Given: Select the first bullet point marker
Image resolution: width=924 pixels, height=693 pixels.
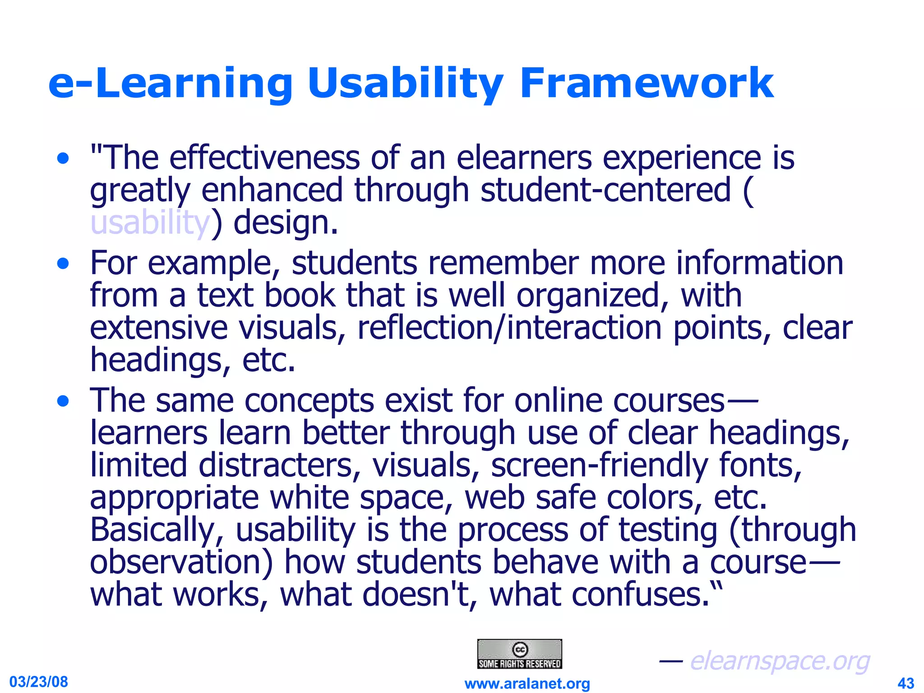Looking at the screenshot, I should [x=63, y=159].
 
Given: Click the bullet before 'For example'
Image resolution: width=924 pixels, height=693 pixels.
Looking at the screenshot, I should [x=63, y=264].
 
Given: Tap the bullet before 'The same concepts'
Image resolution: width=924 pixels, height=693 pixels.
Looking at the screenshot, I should [x=63, y=401].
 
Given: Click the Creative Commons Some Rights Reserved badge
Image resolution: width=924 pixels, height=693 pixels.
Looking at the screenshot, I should [x=519, y=654].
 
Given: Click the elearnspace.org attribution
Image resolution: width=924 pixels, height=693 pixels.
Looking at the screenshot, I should [x=779, y=661].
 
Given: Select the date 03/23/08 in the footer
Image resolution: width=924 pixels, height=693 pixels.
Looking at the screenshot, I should [x=39, y=681].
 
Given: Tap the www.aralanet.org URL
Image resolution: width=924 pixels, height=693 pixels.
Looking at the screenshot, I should [x=527, y=684].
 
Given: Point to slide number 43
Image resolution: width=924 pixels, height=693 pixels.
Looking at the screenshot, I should [x=906, y=683].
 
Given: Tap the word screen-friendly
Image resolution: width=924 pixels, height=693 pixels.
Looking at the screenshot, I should [x=599, y=465].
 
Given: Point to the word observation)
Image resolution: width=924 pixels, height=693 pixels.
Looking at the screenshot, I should [x=181, y=563].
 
